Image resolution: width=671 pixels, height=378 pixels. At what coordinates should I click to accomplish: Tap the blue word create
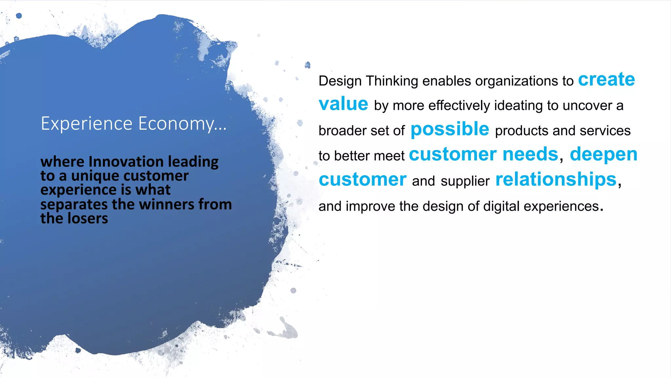pos(606,80)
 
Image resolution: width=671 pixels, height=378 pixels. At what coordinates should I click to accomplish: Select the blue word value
pos(343,104)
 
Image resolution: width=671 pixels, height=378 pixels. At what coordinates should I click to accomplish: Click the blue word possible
pos(450,129)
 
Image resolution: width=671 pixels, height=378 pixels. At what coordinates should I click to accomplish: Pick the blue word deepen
pos(604,154)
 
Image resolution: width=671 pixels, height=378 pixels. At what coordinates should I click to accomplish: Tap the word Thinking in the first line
pos(392,81)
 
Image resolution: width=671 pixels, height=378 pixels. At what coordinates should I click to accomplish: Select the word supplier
pos(465,181)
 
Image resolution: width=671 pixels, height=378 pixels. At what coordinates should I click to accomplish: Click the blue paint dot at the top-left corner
pos(19,15)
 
